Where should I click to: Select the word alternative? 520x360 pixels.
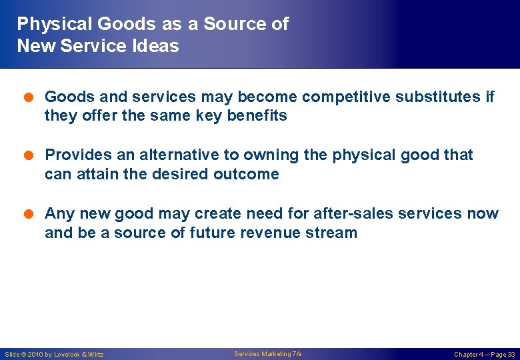pos(179,155)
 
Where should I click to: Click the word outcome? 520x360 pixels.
pos(246,174)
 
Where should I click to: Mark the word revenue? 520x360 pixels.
pos(273,233)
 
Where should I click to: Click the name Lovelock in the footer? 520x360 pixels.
pos(67,355)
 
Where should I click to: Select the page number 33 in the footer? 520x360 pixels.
pos(511,355)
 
